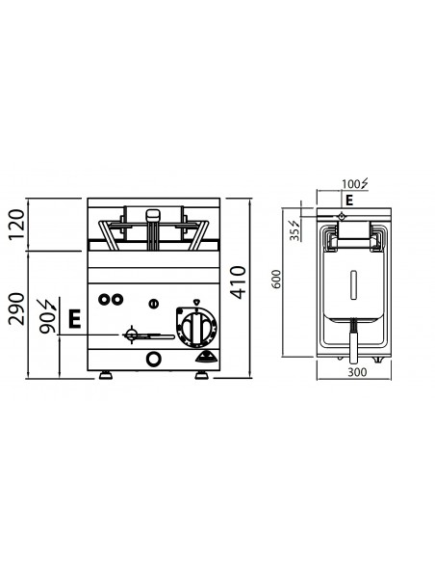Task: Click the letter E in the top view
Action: (350, 200)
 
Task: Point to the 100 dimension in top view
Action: (352, 183)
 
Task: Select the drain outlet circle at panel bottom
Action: (152, 360)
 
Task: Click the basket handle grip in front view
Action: (153, 217)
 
